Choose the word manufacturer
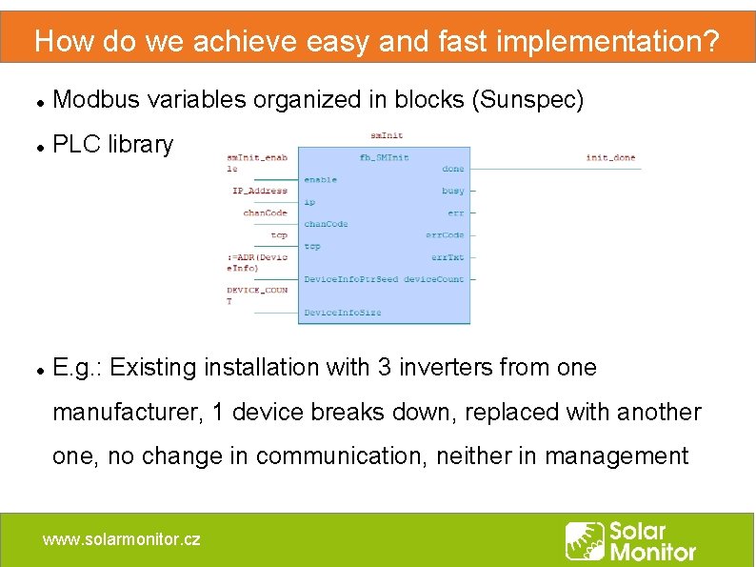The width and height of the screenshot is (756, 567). point(126,413)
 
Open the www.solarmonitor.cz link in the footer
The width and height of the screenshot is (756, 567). point(122,539)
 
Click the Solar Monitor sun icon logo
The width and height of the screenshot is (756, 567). point(585,541)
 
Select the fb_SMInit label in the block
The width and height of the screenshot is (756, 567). point(384,157)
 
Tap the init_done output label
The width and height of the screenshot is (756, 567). point(610,157)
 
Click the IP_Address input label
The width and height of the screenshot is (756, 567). point(260,191)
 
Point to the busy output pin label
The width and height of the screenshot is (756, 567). point(453,191)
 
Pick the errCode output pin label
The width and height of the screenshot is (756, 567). point(445,234)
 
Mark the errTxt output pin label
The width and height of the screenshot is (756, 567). point(447,257)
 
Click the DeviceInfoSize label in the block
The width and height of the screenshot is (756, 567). point(342,313)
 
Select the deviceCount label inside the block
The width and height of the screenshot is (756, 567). point(434,279)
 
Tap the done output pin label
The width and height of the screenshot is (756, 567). point(453,169)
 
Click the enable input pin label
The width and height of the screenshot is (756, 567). point(320,179)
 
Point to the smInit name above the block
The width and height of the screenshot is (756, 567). point(386,135)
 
